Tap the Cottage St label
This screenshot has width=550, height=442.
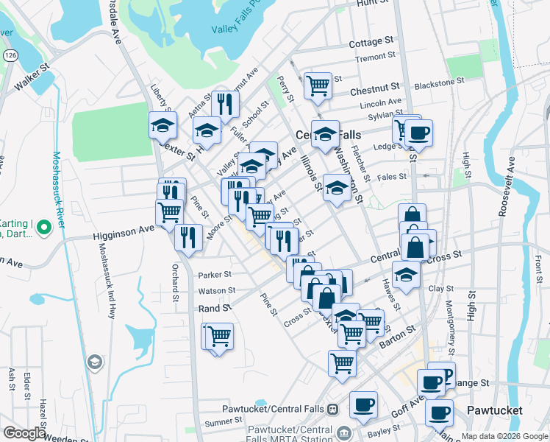[x=371, y=43]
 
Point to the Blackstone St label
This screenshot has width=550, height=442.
[x=434, y=85]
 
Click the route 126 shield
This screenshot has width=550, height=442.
[x=11, y=56]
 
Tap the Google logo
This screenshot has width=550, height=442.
[x=25, y=433]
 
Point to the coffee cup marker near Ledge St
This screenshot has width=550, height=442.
[x=418, y=133]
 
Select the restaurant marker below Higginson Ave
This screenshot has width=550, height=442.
[x=188, y=236]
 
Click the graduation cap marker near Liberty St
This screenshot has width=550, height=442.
[x=162, y=125]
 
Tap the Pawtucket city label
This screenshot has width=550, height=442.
[x=494, y=410]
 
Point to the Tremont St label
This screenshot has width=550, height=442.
[x=375, y=58]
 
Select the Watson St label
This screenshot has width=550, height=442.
[x=215, y=292]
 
